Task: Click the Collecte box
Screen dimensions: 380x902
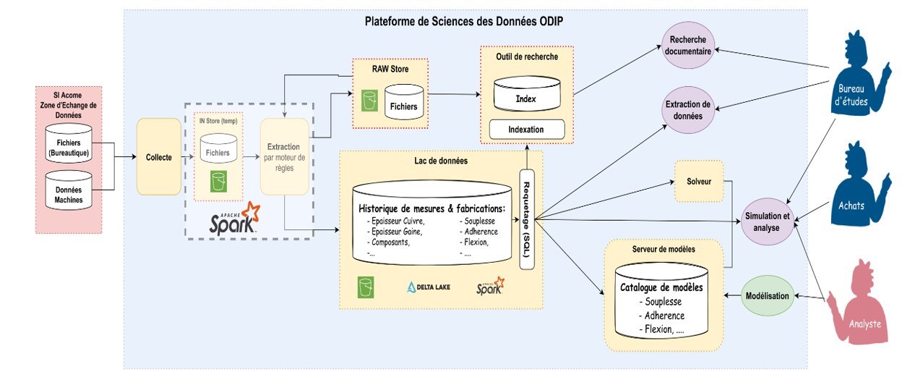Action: (x=158, y=157)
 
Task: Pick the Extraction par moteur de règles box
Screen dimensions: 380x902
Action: (x=284, y=157)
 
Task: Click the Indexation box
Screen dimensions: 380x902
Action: (x=525, y=130)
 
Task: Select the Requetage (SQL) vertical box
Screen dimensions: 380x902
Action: (x=526, y=219)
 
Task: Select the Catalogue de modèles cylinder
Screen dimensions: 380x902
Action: (x=662, y=300)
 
